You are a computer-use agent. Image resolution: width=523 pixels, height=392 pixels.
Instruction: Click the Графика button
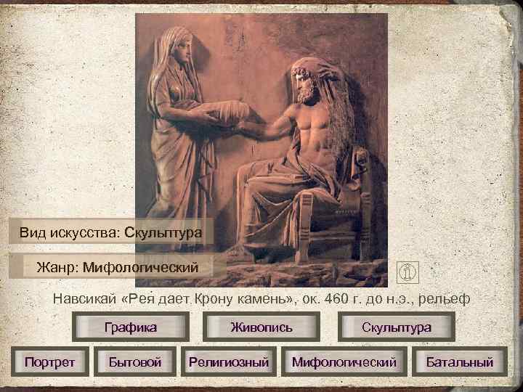point(131,327)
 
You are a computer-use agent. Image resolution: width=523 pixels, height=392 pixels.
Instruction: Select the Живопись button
point(261,327)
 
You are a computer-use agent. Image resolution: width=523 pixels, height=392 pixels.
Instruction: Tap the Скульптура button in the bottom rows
point(397,327)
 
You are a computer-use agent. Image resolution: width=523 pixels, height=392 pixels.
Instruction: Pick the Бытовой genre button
point(134,361)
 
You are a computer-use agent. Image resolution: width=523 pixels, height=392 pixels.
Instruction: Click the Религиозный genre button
point(229,361)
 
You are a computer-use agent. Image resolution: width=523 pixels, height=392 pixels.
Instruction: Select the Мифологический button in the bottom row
point(344,361)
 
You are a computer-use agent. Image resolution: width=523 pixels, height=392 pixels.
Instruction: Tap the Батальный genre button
point(459,361)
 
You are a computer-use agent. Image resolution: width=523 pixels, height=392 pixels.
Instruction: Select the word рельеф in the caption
point(447,298)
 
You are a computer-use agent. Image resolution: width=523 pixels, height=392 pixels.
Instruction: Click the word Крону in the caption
point(215,298)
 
